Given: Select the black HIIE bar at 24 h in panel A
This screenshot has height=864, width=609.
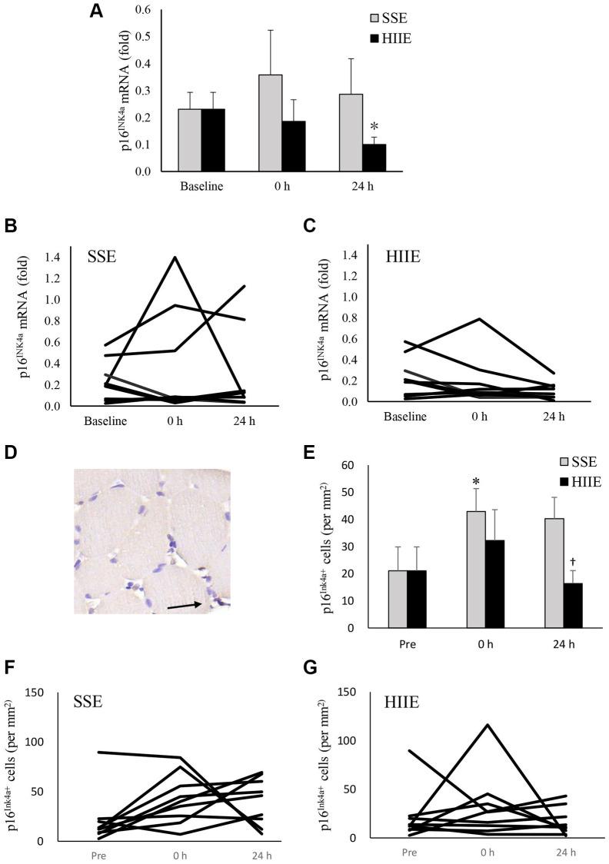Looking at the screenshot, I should [374, 158].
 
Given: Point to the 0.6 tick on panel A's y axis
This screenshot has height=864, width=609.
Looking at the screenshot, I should [145, 10].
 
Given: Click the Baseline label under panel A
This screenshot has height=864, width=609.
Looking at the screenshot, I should [201, 185].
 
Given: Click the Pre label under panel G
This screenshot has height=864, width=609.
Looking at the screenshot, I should [409, 851].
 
